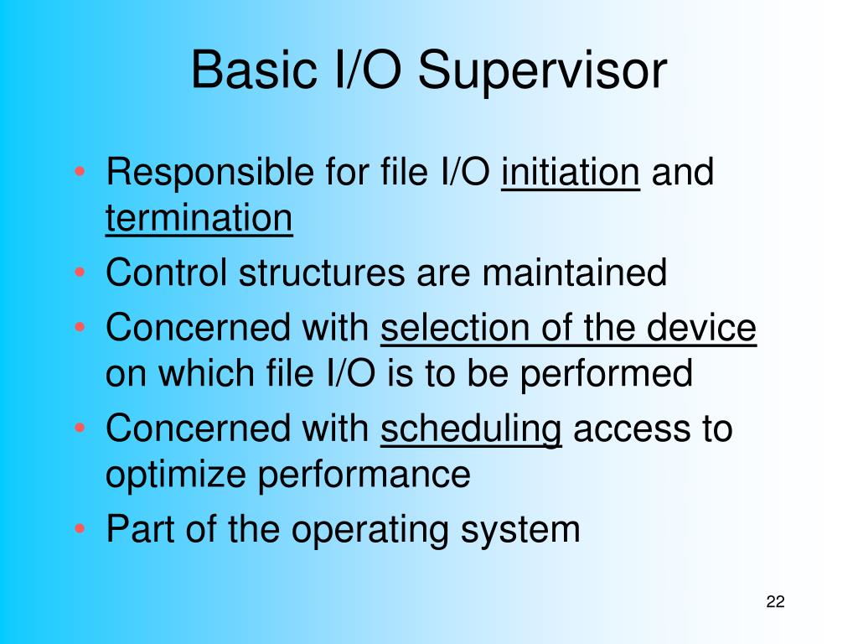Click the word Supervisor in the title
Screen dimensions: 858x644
click(542, 70)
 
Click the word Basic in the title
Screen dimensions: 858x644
click(255, 70)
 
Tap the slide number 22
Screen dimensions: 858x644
click(775, 601)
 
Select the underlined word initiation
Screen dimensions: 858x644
click(570, 172)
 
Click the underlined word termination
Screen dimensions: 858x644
click(199, 218)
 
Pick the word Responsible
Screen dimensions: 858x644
click(210, 173)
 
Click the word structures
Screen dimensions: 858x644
click(322, 273)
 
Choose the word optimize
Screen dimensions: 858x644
click(176, 475)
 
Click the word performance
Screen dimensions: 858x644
click(364, 475)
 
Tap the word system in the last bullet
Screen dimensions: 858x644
click(519, 531)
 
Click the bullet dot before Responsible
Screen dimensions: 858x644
click(80, 172)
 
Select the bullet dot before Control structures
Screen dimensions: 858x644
click(80, 273)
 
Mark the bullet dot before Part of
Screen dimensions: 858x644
click(80, 529)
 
